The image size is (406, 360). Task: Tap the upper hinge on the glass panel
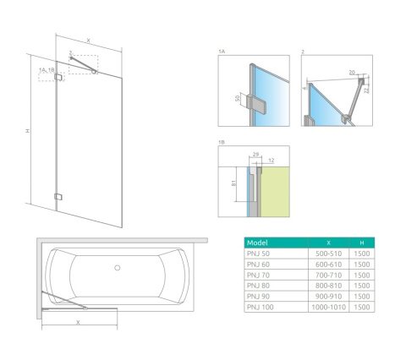point(58,78)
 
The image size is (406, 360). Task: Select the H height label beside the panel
point(27,132)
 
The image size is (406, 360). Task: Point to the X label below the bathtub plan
point(79,322)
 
